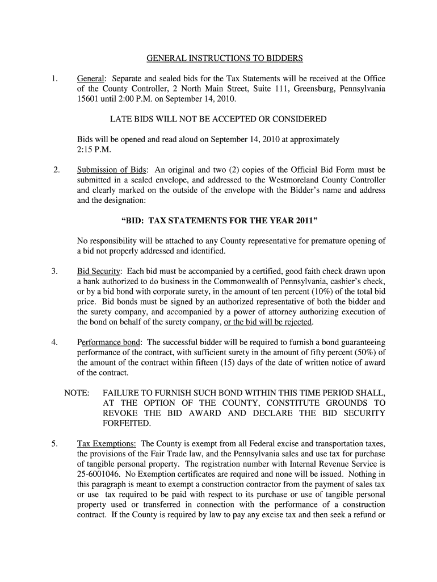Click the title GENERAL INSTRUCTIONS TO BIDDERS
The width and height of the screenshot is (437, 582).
(x=225, y=58)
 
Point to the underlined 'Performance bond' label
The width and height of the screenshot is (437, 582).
(x=109, y=343)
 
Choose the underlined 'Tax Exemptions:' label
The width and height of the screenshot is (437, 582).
(x=106, y=443)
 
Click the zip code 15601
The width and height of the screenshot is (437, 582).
(x=88, y=99)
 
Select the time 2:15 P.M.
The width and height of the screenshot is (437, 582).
(x=94, y=150)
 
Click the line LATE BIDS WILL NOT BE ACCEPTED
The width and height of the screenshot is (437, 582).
(x=218, y=119)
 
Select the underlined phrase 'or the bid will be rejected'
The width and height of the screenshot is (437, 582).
(x=268, y=322)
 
